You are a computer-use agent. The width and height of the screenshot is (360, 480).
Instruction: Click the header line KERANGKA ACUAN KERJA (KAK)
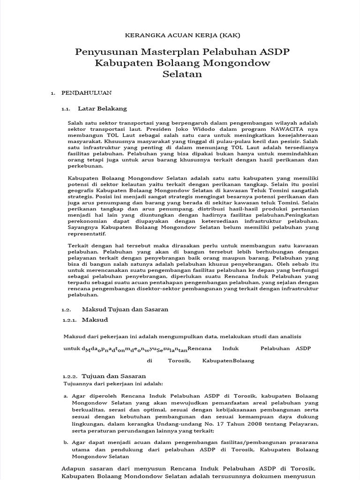pyautogui.click(x=180, y=35)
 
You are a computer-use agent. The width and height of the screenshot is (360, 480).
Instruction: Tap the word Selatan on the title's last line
pyautogui.click(x=182, y=74)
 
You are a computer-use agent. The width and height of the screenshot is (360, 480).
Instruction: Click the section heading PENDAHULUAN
pyautogui.click(x=86, y=93)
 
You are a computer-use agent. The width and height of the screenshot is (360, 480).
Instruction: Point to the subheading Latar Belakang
pyautogui.click(x=102, y=108)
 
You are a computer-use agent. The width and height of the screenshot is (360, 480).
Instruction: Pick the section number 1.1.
pyautogui.click(x=66, y=109)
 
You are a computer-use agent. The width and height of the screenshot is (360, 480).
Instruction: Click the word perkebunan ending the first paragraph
pyautogui.click(x=84, y=166)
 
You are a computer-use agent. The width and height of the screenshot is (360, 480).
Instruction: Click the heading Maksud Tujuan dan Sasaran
pyautogui.click(x=125, y=309)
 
